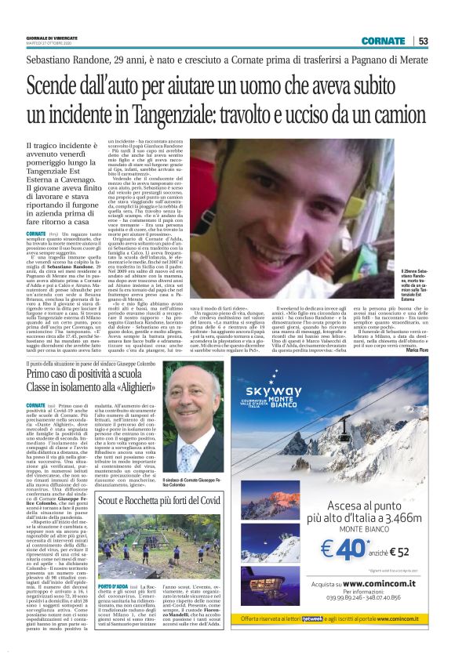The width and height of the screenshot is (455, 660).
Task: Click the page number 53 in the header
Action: click(423, 41)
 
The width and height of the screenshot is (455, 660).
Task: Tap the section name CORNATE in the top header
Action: click(384, 41)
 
